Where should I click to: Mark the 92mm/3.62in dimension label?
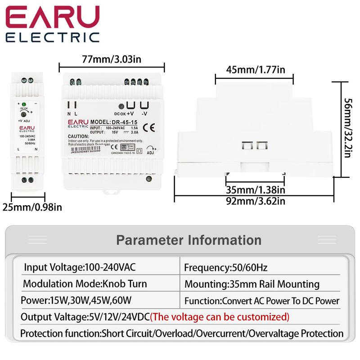pyautogui.click(x=255, y=201)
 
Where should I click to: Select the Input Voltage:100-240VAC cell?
pyautogui.click(x=80, y=267)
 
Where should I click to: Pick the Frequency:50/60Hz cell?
pyautogui.click(x=225, y=268)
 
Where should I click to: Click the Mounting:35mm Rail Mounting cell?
pyautogui.click(x=252, y=284)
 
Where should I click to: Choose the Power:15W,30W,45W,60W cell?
pyautogui.click(x=75, y=300)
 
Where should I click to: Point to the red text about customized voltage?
pyautogui.click(x=220, y=317)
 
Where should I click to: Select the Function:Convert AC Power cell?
pyautogui.click(x=261, y=301)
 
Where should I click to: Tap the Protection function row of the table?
pyautogui.click(x=182, y=333)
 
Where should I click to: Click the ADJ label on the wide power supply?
pyautogui.click(x=150, y=152)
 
